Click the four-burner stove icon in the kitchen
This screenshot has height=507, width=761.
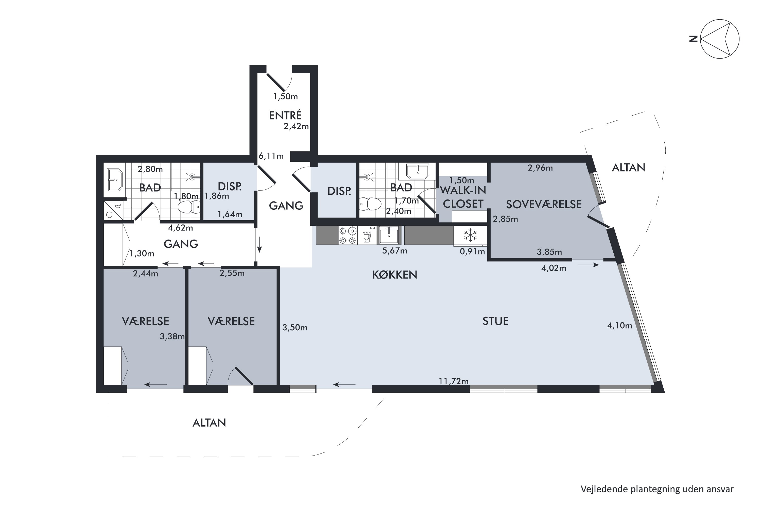click(348, 236)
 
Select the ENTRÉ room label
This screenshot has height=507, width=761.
click(285, 115)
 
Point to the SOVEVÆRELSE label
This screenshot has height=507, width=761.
click(544, 204)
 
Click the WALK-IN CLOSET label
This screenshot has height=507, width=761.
click(463, 197)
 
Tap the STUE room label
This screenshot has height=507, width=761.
click(495, 321)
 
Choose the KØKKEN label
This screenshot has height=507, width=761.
click(394, 275)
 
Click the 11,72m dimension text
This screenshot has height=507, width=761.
click(454, 381)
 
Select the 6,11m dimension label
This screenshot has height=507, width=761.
click(271, 156)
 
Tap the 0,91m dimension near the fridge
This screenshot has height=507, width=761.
click(472, 251)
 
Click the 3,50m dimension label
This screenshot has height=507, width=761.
click(295, 328)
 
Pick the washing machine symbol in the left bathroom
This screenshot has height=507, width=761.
click(113, 210)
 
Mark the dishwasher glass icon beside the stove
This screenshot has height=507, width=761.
click(367, 236)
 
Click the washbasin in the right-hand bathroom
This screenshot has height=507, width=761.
click(418, 171)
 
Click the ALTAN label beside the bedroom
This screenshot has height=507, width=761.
click(628, 168)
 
